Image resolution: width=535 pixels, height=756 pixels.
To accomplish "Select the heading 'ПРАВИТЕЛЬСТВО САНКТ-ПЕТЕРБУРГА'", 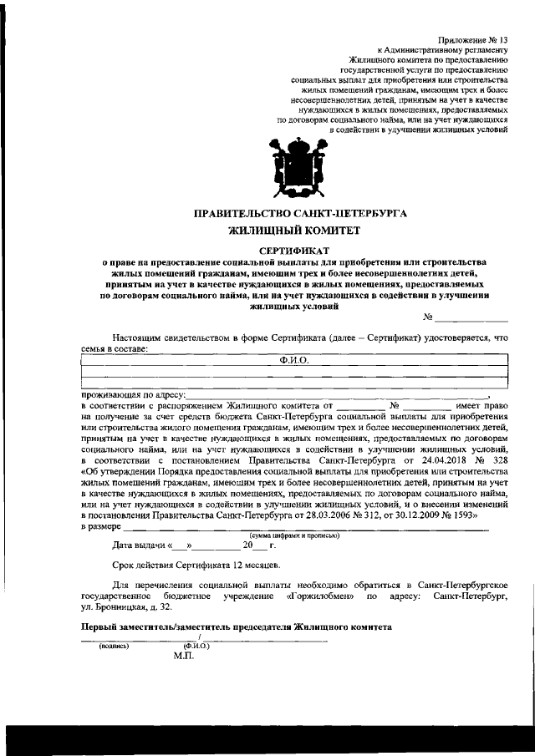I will tap(300, 214).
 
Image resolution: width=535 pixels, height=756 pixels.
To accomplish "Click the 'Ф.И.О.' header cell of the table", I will tap(294, 359).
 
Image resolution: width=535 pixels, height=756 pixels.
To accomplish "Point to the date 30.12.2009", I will tap(409, 517).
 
